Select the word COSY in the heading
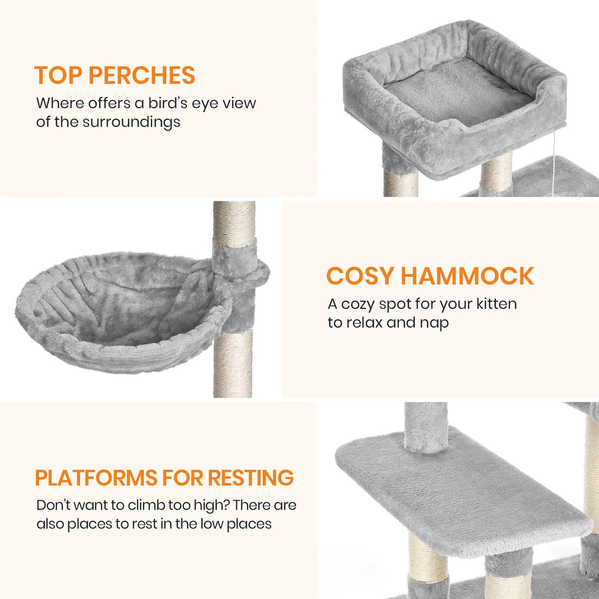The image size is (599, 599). point(359,276)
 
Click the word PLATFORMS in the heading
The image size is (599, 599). point(96,477)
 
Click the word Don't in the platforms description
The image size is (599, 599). point(53,505)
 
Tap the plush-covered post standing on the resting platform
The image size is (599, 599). point(425,427)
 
